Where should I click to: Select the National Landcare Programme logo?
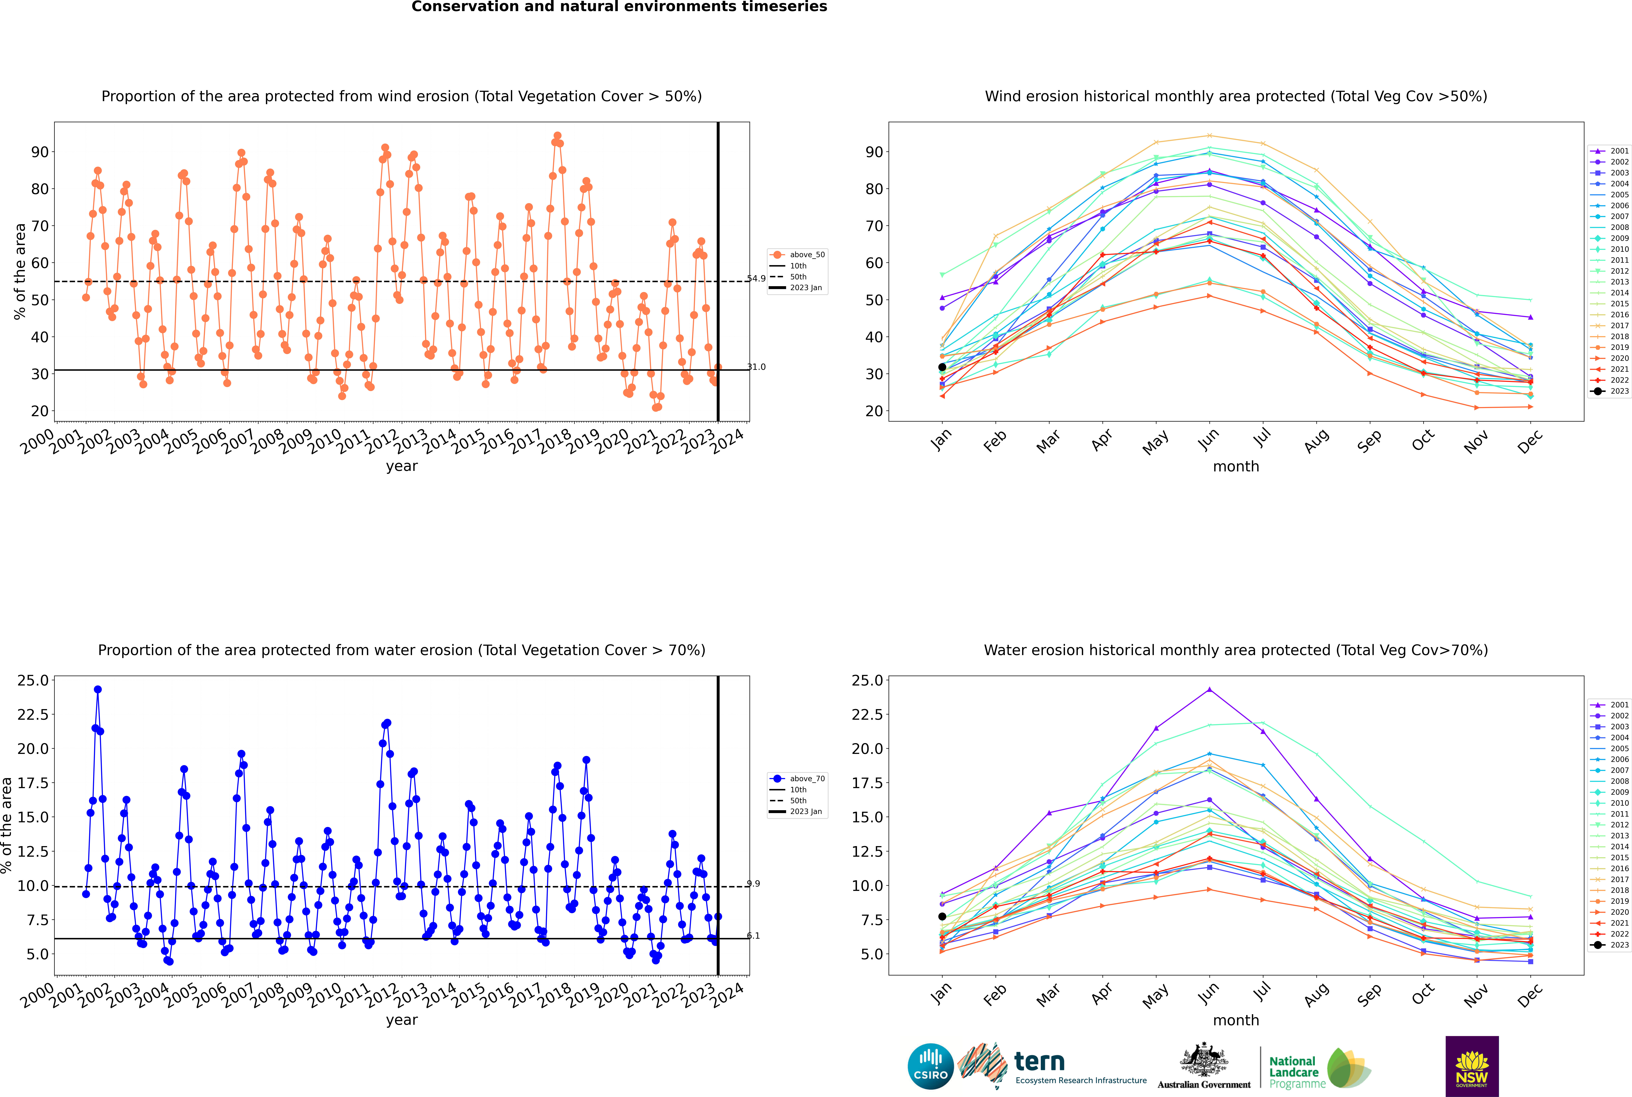(1319, 1068)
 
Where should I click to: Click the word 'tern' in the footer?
(1039, 1062)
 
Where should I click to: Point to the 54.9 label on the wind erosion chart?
(756, 279)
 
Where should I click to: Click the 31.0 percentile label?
(756, 367)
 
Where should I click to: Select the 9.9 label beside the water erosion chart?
(753, 884)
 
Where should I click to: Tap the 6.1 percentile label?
(753, 935)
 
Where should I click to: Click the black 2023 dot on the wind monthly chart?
(942, 367)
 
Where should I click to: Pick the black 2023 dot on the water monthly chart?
(942, 916)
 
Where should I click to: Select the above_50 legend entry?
(797, 255)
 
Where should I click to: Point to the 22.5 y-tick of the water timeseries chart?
(33, 714)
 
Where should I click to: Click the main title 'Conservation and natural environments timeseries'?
(619, 7)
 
